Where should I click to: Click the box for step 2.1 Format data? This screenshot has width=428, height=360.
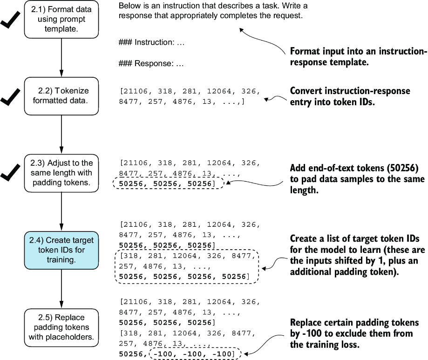[x=61, y=19]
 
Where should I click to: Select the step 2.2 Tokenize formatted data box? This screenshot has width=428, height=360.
[x=61, y=96]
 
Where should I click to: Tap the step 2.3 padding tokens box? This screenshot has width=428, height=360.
[x=61, y=173]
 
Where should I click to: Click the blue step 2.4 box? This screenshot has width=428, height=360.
[x=61, y=250]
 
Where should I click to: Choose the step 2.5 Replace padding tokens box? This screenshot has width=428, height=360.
[x=61, y=327]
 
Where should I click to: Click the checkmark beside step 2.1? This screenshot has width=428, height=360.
[x=10, y=20]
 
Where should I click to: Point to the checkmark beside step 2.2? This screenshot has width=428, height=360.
[x=10, y=97]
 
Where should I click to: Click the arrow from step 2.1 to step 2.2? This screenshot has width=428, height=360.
[x=61, y=58]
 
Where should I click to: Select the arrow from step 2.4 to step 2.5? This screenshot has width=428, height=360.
[x=61, y=289]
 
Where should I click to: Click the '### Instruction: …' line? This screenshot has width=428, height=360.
[x=151, y=42]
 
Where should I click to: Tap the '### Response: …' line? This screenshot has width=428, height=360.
[x=151, y=64]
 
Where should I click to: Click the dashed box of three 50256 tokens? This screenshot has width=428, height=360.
[x=168, y=183]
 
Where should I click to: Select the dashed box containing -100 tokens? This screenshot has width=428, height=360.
[x=196, y=354]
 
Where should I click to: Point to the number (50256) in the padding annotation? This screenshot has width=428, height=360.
[x=402, y=168]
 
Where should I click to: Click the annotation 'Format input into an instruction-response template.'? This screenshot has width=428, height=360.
[x=358, y=56]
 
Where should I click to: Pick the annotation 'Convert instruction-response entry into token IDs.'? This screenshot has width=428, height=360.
[x=350, y=96]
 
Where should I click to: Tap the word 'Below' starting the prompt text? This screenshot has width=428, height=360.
[x=129, y=6]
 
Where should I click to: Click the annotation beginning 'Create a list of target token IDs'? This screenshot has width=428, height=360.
[x=357, y=255]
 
